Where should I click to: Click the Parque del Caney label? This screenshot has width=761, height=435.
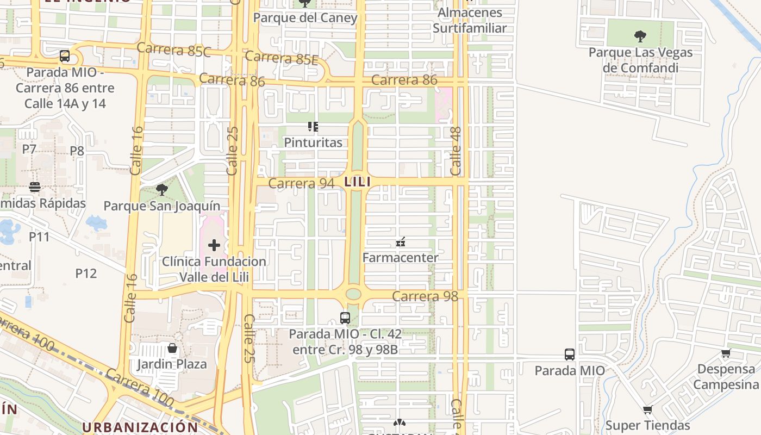pyautogui.click(x=305, y=18)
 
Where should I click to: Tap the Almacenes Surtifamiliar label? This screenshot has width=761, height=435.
pyautogui.click(x=469, y=20)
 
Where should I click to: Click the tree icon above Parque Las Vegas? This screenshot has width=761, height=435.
pyautogui.click(x=640, y=37)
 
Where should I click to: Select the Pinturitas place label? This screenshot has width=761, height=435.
pyautogui.click(x=313, y=142)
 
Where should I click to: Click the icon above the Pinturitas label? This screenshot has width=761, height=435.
pyautogui.click(x=313, y=127)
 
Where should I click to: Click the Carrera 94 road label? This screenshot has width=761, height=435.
pyautogui.click(x=301, y=184)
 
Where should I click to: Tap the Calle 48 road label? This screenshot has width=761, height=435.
pyautogui.click(x=456, y=151)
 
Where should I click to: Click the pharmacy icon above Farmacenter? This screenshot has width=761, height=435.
pyautogui.click(x=401, y=242)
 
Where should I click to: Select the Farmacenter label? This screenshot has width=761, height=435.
pyautogui.click(x=400, y=257)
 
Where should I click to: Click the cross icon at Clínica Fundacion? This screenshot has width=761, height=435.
pyautogui.click(x=214, y=245)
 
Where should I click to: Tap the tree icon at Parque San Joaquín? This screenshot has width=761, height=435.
pyautogui.click(x=161, y=190)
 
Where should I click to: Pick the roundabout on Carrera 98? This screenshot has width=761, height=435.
pyautogui.click(x=353, y=294)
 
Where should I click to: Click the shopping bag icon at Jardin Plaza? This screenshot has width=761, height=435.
pyautogui.click(x=172, y=348)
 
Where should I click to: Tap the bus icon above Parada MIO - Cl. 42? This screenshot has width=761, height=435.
pyautogui.click(x=345, y=318)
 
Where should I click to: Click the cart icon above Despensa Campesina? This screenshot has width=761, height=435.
pyautogui.click(x=725, y=353)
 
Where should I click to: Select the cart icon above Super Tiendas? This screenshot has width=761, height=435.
pyautogui.click(x=647, y=410)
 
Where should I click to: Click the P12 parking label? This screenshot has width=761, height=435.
pyautogui.click(x=86, y=273)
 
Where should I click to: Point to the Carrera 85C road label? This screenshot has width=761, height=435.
pyautogui.click(x=174, y=49)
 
